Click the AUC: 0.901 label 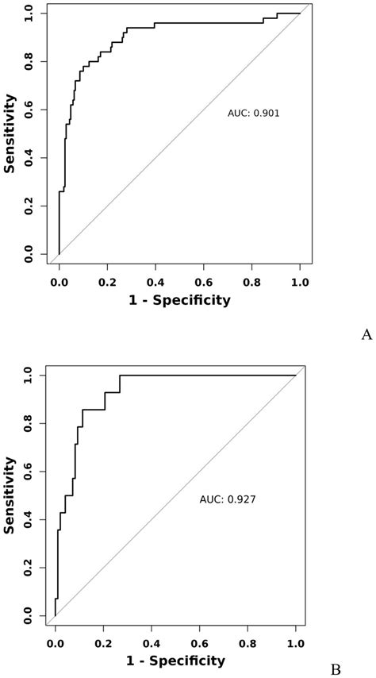pyautogui.click(x=253, y=114)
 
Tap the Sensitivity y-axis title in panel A pyautogui.click(x=10, y=133)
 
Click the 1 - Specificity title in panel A pyautogui.click(x=179, y=299)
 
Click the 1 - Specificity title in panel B pyautogui.click(x=175, y=661)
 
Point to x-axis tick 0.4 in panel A pyautogui.click(x=155, y=280)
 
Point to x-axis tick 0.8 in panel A pyautogui.click(x=251, y=280)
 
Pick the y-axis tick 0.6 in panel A pyautogui.click(x=30, y=109)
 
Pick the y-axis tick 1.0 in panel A pyautogui.click(x=30, y=13)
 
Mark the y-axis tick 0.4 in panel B pyautogui.click(x=30, y=519)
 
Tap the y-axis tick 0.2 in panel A pyautogui.click(x=30, y=206)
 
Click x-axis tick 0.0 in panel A pyautogui.click(x=59, y=280)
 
